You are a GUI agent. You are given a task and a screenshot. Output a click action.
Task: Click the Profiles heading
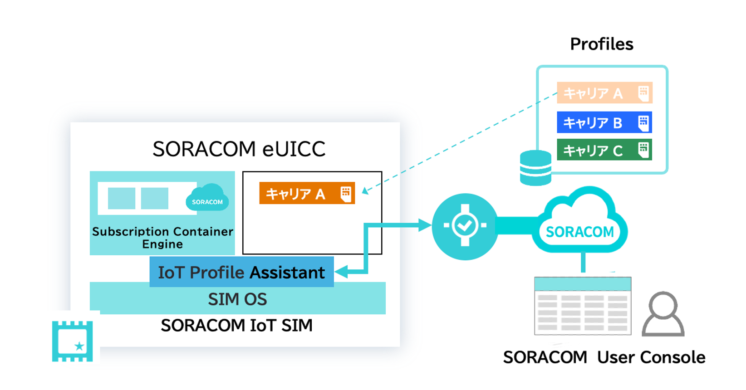click(x=601, y=44)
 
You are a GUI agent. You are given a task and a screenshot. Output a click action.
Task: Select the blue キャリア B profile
click(x=604, y=122)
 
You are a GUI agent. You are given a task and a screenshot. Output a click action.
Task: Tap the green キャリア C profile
click(x=604, y=150)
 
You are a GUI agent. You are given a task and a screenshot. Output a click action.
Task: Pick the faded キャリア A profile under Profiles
click(x=604, y=93)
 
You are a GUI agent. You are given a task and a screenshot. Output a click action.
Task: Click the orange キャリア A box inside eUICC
click(x=307, y=194)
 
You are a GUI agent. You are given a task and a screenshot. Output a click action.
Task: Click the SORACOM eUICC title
click(x=239, y=149)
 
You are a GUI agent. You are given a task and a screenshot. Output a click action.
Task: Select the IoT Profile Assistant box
click(x=241, y=272)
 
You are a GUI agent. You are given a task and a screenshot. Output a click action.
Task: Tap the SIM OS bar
click(x=237, y=299)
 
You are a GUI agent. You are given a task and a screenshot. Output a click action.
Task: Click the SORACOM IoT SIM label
click(x=236, y=325)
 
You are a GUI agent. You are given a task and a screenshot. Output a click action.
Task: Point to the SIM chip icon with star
click(x=73, y=341)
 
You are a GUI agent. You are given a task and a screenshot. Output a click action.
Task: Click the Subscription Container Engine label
click(x=162, y=238)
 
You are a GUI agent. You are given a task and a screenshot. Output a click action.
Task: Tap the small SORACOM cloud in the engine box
click(x=207, y=199)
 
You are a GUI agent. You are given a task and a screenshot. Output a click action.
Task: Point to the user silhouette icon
click(x=663, y=314)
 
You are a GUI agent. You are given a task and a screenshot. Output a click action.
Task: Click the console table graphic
click(x=583, y=306)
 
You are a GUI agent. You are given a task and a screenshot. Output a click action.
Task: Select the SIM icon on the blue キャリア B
click(x=643, y=122)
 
